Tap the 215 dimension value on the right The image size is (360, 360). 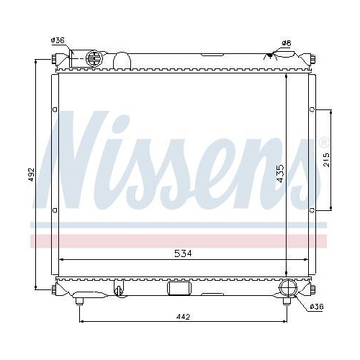point(326,160)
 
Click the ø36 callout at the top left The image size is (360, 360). point(58,41)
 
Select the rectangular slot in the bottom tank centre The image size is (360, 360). point(177,289)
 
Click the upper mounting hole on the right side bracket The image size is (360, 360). point(311,110)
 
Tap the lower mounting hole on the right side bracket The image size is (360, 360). point(311,210)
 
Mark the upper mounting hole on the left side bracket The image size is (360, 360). point(55,110)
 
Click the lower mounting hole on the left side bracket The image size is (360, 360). point(55,210)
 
